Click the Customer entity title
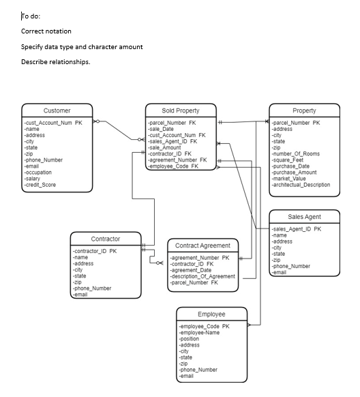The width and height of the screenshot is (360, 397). [x=57, y=111]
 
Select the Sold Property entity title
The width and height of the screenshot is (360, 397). [x=181, y=111]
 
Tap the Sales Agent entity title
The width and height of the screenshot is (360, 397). [x=304, y=216]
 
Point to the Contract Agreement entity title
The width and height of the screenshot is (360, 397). [x=203, y=246]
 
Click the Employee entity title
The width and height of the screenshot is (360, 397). [x=212, y=314]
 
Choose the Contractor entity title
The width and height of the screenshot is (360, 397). [x=106, y=239]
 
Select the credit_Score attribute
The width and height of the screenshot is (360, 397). [x=40, y=185]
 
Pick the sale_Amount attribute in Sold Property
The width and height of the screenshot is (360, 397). [x=165, y=147]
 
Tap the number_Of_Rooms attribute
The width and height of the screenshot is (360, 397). [x=296, y=153]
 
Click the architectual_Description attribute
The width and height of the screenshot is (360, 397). [x=301, y=185]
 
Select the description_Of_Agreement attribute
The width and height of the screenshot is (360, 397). [x=203, y=276]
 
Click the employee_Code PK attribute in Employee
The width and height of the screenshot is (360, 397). [x=204, y=327]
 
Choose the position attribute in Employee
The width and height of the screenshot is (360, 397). [x=189, y=339]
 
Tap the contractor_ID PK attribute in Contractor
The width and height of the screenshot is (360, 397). [x=95, y=251]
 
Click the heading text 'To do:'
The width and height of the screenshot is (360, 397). [x=31, y=16]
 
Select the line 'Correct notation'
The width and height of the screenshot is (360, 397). [x=46, y=31]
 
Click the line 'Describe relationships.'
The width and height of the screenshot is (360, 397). [x=55, y=62]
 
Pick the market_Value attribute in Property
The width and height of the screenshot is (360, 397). [x=290, y=179]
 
